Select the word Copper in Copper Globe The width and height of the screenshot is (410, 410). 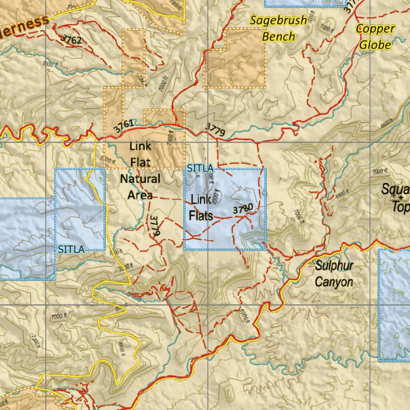tap(375, 29)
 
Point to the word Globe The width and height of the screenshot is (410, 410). tap(375, 44)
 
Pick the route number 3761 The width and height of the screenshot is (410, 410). tap(124, 126)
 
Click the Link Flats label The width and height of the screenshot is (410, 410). tap(201, 207)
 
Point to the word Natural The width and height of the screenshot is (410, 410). tap(140, 179)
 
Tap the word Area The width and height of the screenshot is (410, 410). tap(140, 195)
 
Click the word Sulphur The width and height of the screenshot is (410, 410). tap(334, 266)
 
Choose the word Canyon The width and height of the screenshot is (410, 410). tap(334, 282)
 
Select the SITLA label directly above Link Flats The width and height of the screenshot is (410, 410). tap(200, 169)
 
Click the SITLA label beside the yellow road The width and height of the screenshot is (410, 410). tap(71, 249)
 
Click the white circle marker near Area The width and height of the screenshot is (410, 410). tap(139, 203)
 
